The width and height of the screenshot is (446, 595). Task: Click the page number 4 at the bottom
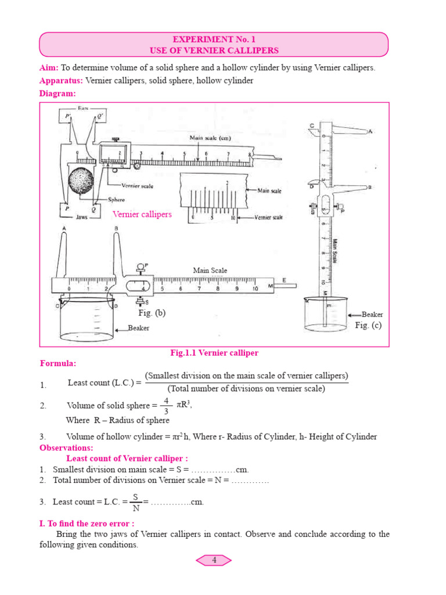(x=214, y=560)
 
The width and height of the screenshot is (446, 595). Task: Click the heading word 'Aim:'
(x=49, y=68)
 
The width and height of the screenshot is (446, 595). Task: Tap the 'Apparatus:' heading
(x=61, y=81)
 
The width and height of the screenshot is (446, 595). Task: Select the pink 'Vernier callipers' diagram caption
(x=142, y=214)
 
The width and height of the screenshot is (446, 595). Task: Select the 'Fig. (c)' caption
(x=368, y=325)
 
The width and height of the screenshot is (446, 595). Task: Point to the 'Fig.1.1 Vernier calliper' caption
(x=214, y=353)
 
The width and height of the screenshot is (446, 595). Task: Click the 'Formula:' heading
(x=57, y=364)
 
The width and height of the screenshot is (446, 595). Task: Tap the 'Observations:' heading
(x=66, y=448)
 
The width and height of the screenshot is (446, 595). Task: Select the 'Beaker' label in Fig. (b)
(x=138, y=328)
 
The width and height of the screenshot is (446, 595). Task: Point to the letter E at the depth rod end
(x=285, y=281)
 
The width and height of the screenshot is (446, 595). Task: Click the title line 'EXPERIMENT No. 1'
(x=213, y=40)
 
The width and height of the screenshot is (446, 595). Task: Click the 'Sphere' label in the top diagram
(x=117, y=199)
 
